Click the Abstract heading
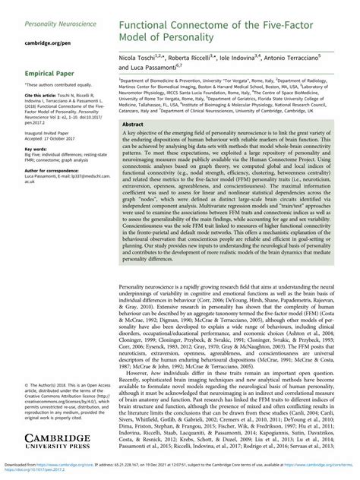(134, 123)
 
